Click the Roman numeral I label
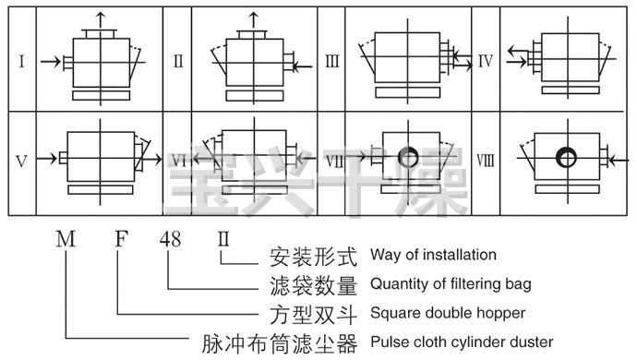(x=22, y=62)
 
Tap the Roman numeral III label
(x=332, y=62)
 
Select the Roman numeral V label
(x=21, y=162)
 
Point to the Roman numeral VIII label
(x=486, y=160)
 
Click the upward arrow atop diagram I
(x=101, y=20)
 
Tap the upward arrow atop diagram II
(x=254, y=20)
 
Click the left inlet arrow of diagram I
(x=51, y=62)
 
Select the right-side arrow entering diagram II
(x=303, y=66)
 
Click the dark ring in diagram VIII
(x=566, y=157)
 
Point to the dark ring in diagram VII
(x=408, y=157)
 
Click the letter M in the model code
(x=66, y=239)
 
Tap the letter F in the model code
(x=122, y=239)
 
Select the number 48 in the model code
(x=170, y=239)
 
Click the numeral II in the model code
(x=223, y=239)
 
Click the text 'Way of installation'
(x=433, y=255)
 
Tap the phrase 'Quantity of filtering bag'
(x=451, y=283)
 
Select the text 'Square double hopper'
(x=448, y=313)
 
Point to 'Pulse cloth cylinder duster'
(x=462, y=342)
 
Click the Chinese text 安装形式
(x=314, y=257)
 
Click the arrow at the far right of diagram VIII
(x=619, y=161)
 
